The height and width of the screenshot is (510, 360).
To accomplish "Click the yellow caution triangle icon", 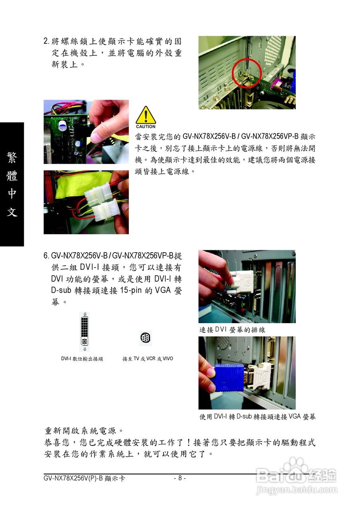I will pos(146,116).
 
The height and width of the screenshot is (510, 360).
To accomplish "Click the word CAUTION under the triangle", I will pos(146,127).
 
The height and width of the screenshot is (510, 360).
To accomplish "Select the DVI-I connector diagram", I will pos(85,331).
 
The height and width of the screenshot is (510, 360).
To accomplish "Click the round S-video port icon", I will pos(146,338).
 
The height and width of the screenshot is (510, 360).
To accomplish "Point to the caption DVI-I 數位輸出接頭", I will pos(82,359).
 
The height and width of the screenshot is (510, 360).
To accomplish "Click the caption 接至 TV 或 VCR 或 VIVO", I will pos(148,359).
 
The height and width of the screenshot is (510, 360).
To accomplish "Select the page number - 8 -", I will pos(180,478).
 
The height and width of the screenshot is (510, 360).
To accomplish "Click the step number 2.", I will pos(46,41).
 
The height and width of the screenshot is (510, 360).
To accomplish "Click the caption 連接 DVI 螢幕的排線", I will pos(232,330).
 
